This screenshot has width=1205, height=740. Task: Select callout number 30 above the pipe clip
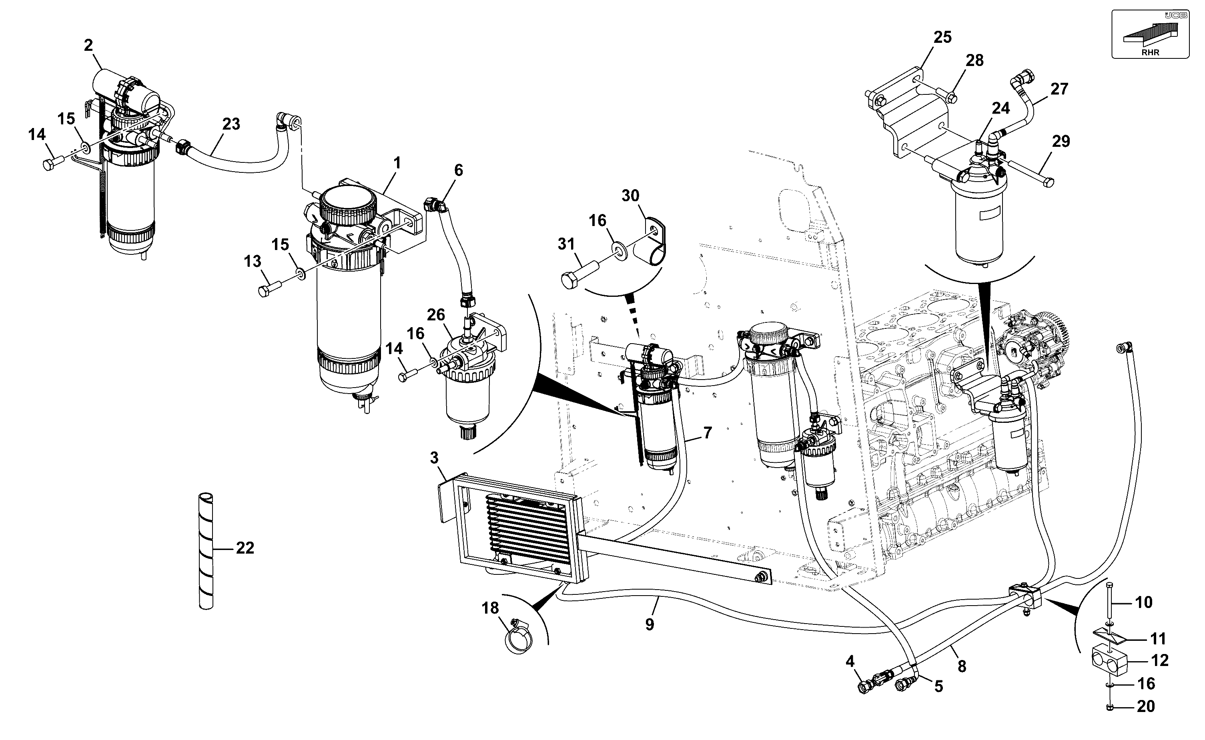[630, 196]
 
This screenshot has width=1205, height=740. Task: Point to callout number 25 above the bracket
[942, 37]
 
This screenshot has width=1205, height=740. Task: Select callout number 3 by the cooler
[434, 458]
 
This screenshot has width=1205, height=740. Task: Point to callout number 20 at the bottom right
[1146, 706]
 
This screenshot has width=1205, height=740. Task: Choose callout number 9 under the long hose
[650, 624]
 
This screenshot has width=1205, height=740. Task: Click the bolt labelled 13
[269, 287]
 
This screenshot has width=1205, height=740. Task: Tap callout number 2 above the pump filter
[88, 46]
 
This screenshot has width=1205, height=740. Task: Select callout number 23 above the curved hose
[231, 124]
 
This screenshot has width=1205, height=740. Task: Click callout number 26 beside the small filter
[435, 315]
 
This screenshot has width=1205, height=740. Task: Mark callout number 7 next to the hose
[708, 433]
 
